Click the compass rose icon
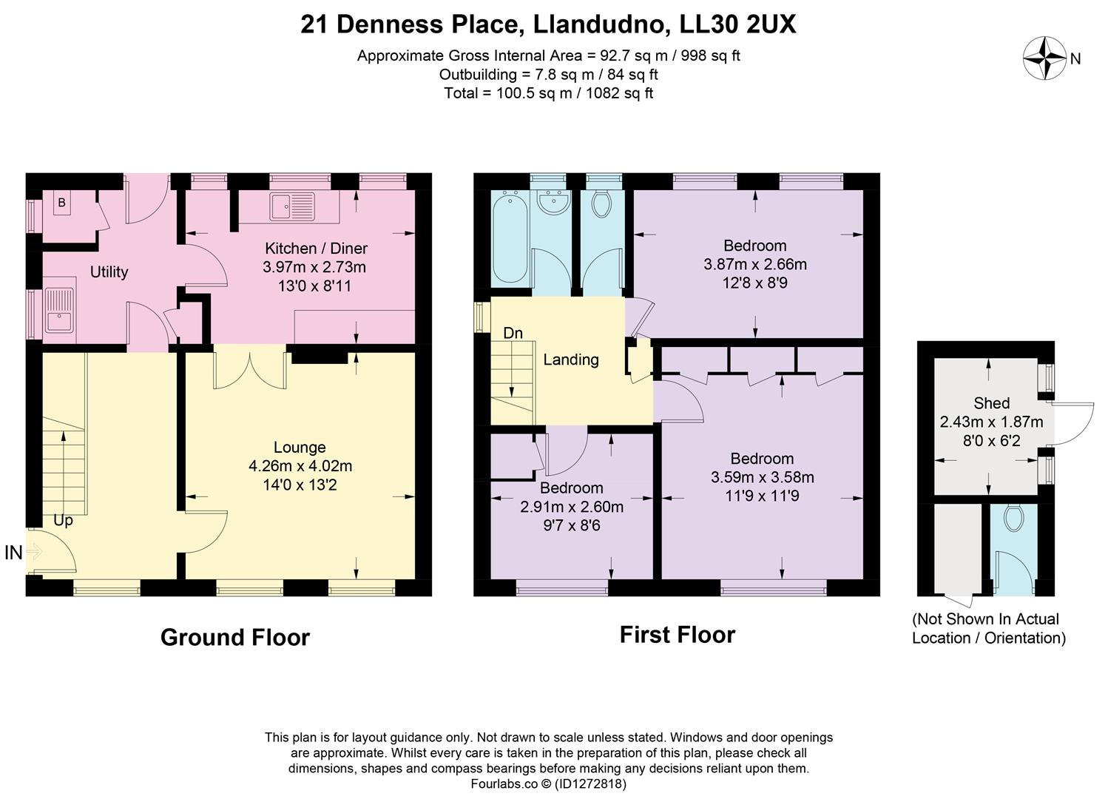[1044, 58]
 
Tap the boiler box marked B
[61, 203]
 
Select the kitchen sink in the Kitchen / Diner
[291, 206]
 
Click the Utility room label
[109, 272]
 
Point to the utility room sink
[58, 311]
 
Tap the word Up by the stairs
[64, 521]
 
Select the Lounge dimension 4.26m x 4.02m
[300, 466]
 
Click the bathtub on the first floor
[510, 238]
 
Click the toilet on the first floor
[601, 203]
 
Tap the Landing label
[570, 360]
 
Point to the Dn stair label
[513, 334]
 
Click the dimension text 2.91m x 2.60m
[572, 507]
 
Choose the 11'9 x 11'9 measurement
[762, 496]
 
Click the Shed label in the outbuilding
[991, 403]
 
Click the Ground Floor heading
[234, 637]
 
